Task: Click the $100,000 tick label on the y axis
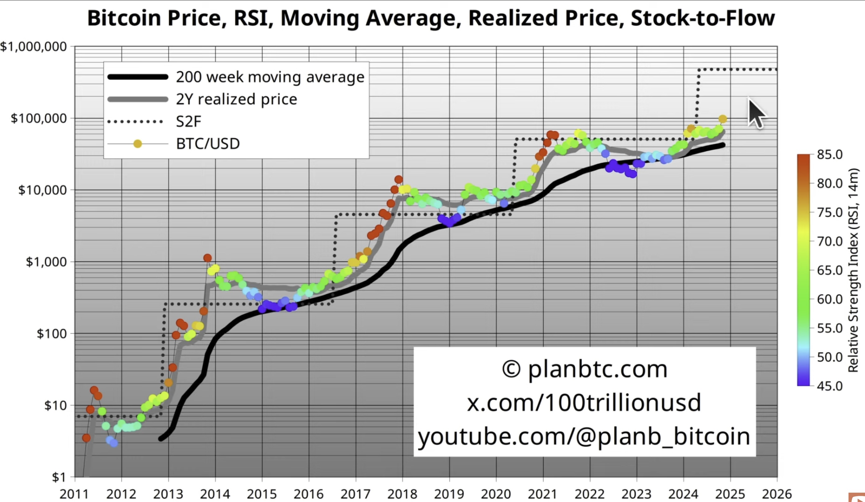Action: (39, 118)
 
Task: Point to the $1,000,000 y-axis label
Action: (33, 46)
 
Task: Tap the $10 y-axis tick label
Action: (55, 406)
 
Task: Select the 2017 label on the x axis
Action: (356, 494)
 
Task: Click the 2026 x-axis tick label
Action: (777, 494)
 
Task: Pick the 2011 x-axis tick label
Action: (74, 494)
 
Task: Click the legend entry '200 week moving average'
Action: (270, 77)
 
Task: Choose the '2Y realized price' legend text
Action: (236, 99)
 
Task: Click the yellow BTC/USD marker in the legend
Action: (138, 144)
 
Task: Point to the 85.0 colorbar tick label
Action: (830, 154)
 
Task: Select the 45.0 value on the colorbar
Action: (830, 386)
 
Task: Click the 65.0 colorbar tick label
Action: (830, 270)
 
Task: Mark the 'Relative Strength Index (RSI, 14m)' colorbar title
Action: (853, 270)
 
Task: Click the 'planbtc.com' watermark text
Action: (597, 369)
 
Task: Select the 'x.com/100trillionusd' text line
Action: (584, 402)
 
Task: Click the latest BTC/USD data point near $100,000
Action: (723, 119)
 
